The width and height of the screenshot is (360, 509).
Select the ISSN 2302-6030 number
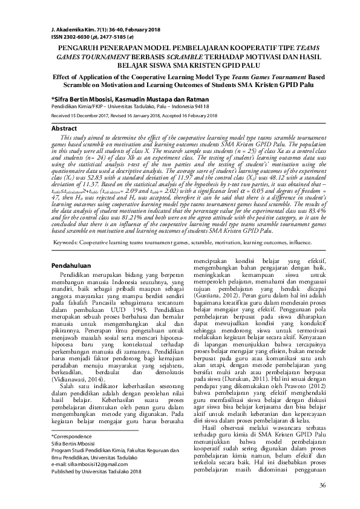[x=71, y=36]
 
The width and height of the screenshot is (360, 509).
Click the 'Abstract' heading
[x=64, y=129]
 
